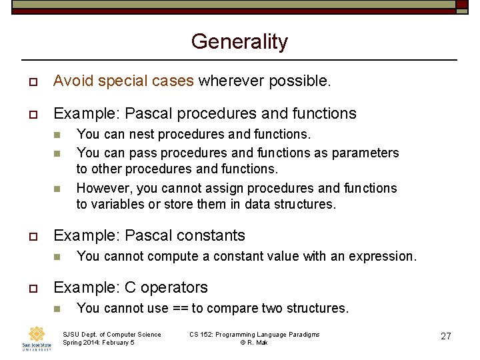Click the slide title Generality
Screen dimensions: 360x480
coord(239,41)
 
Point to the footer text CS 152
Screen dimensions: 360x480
coord(203,334)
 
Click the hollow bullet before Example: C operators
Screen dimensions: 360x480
coord(31,288)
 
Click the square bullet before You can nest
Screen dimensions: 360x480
coord(57,135)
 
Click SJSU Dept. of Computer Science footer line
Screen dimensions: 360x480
coord(111,334)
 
